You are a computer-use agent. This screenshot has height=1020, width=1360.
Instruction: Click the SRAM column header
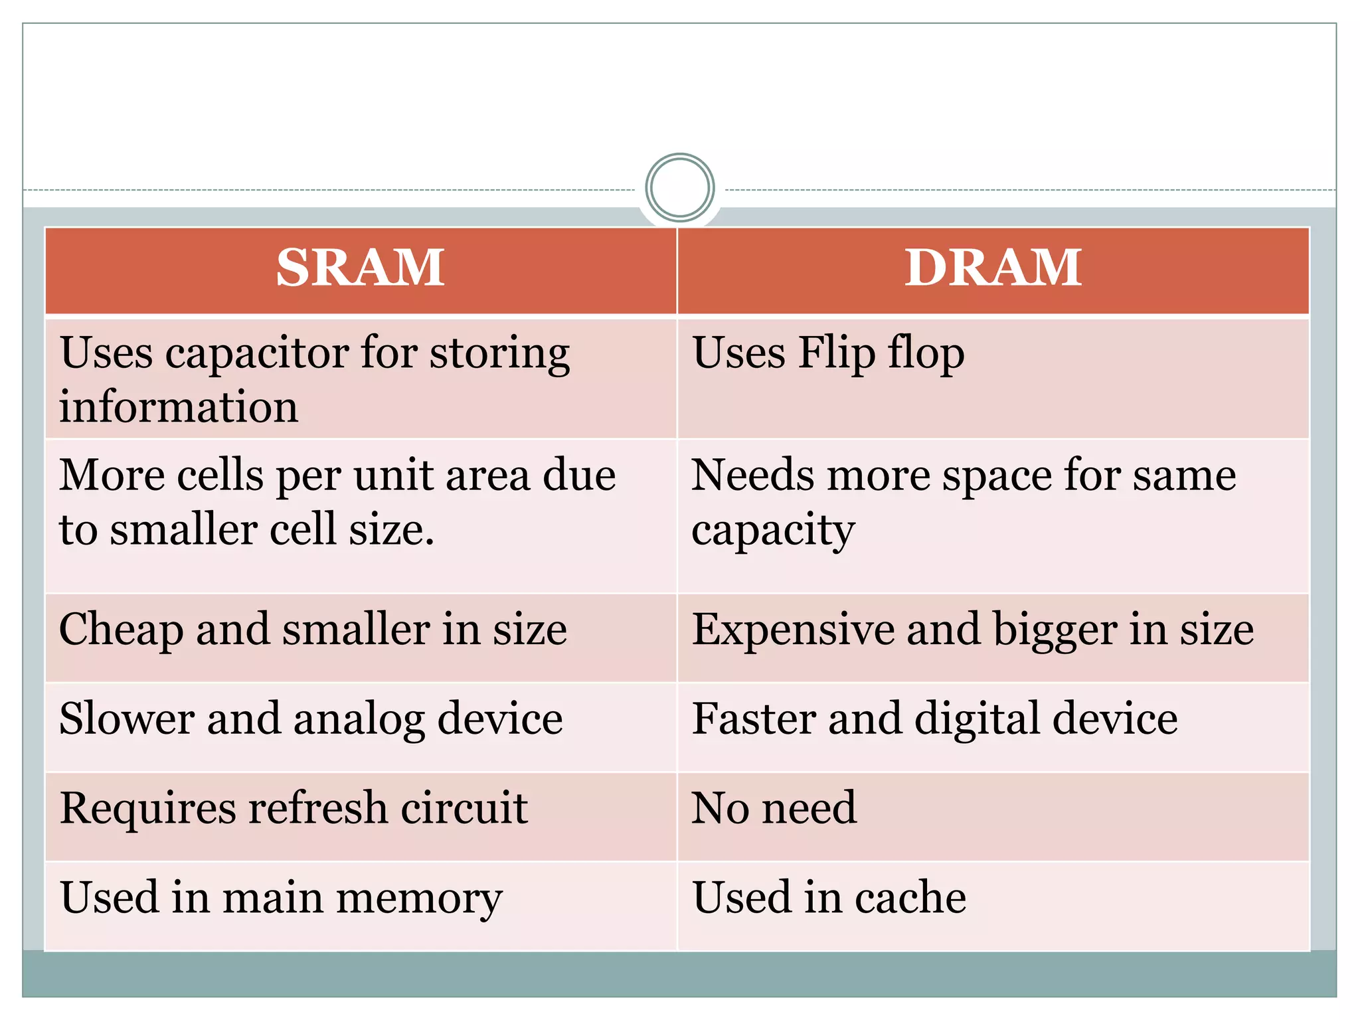[x=360, y=268]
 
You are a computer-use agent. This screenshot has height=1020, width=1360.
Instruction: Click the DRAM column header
[x=993, y=268]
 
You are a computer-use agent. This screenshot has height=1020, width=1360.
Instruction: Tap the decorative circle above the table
[x=679, y=188]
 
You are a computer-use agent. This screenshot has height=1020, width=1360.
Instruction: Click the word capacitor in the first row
[x=257, y=353]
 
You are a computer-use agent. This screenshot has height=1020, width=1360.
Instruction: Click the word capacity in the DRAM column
[x=772, y=531]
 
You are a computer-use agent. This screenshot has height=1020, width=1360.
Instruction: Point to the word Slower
[x=127, y=719]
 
